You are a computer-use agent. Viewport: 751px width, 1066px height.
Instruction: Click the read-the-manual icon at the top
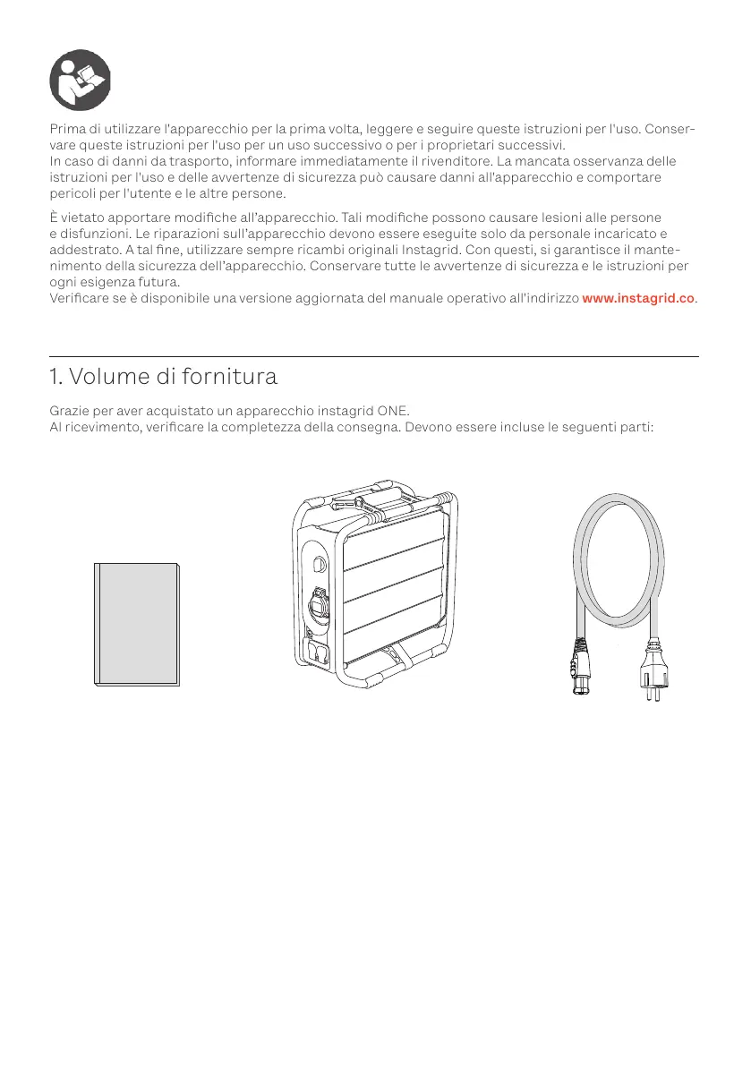click(x=81, y=79)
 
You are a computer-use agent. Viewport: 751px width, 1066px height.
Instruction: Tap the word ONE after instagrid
click(x=391, y=411)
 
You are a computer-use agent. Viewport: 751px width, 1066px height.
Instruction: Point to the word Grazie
click(x=70, y=411)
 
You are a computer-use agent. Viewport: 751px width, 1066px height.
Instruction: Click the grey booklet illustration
click(x=137, y=624)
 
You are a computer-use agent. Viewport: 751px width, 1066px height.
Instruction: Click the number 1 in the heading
click(x=55, y=377)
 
